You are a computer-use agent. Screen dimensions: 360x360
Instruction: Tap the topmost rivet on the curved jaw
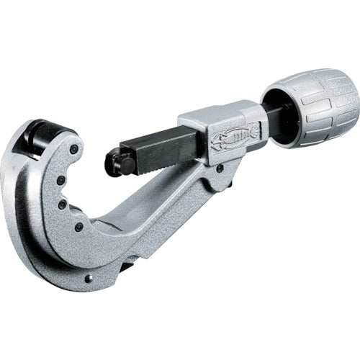point(73,149)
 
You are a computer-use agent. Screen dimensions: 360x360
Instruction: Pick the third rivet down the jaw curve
point(63,204)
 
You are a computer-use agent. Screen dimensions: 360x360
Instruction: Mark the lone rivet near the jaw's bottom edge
point(89,279)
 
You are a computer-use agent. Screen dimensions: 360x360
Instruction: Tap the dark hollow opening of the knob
point(273,108)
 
